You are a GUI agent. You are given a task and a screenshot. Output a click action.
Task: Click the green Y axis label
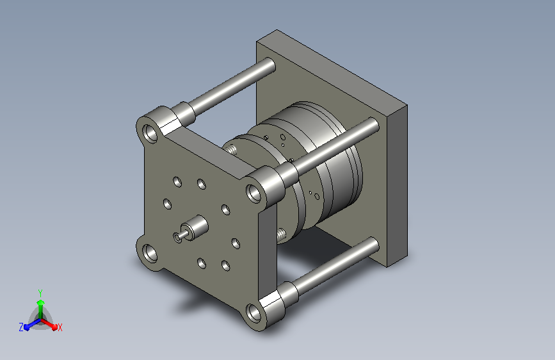point(40,293)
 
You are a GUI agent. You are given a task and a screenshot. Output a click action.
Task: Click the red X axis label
point(60,327)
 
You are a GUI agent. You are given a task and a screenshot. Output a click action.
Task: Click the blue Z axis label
point(21,327)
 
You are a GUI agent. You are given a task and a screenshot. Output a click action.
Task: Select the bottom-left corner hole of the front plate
point(150,254)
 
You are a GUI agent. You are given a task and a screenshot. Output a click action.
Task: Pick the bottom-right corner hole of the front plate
point(253,313)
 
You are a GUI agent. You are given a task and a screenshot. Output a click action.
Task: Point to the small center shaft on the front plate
point(182,234)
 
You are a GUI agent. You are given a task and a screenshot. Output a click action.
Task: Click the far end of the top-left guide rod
point(270,65)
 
